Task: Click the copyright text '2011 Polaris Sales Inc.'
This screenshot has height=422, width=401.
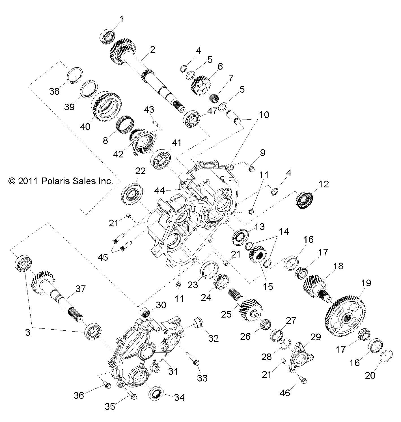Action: click(x=61, y=181)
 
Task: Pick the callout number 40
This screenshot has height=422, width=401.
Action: click(x=85, y=126)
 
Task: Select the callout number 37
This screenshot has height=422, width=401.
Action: click(x=81, y=289)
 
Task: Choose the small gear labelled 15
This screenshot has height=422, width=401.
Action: click(x=256, y=254)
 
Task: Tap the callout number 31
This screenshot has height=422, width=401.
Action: click(x=173, y=371)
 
